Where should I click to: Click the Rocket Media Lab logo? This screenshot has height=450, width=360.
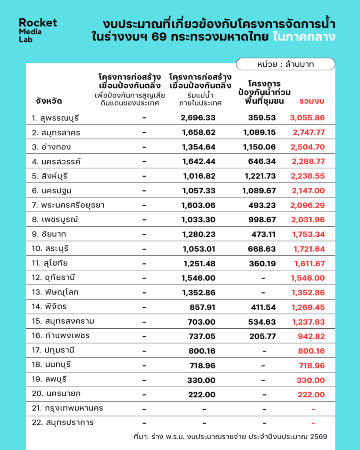point(38,30)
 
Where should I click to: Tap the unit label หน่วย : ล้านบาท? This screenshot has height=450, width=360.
point(285,64)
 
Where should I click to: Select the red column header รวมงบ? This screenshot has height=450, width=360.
point(312,101)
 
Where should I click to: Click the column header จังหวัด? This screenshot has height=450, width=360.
point(49,102)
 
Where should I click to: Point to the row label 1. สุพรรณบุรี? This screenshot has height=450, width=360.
point(55,118)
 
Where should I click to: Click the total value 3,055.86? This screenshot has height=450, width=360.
point(307,118)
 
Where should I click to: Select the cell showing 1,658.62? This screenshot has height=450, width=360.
point(199,132)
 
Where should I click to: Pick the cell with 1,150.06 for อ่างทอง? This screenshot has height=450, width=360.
point(259,147)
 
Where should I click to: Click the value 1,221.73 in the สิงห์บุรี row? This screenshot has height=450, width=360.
point(260,176)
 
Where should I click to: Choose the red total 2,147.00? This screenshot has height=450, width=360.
point(308,191)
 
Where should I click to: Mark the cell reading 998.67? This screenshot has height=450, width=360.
point(262,220)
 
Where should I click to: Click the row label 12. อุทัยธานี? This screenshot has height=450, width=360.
point(53,278)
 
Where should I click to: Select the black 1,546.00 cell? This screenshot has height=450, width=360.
point(198,278)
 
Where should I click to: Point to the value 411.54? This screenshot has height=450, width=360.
point(263,307)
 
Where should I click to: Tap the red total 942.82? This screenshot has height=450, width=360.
point(311,336)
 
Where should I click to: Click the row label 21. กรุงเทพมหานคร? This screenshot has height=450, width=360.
point(67,408)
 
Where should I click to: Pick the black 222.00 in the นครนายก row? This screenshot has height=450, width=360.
point(202,395)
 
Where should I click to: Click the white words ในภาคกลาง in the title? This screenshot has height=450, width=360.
point(304,37)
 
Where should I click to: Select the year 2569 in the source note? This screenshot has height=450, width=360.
point(319,437)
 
